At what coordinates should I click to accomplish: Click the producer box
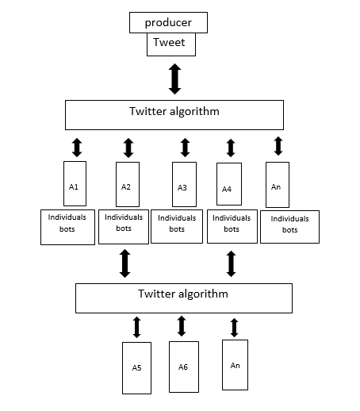tap(168, 22)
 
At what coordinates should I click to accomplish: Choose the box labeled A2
tap(127, 186)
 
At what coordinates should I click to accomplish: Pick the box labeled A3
tap(182, 187)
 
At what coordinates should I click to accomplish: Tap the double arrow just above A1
tap(77, 147)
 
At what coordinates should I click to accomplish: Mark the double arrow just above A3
tap(185, 148)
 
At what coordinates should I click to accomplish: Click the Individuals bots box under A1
tap(67, 226)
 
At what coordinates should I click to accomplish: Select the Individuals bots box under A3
tap(176, 227)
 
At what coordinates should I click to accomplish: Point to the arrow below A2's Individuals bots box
tap(124, 263)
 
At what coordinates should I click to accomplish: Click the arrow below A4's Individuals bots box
tap(231, 263)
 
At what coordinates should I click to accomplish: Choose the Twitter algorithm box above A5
tap(183, 298)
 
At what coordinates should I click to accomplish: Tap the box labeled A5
tap(136, 367)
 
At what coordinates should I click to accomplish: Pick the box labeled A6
tap(183, 367)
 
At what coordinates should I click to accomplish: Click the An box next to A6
tap(236, 364)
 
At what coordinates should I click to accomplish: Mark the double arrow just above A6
tap(182, 325)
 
